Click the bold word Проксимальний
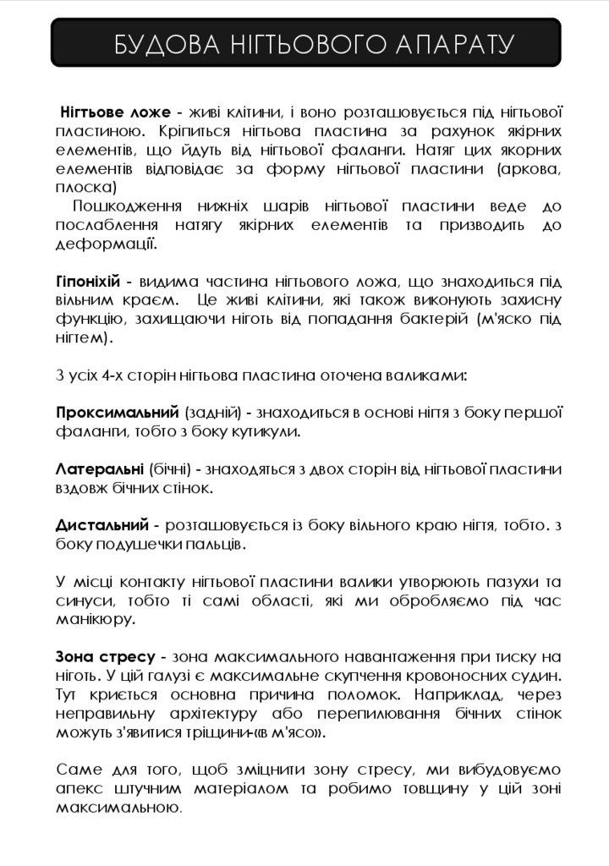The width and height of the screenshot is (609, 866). coord(117,413)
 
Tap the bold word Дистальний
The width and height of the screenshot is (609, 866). coord(102,525)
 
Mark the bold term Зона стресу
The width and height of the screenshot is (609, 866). coord(105,657)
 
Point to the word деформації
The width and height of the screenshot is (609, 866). coord(106,245)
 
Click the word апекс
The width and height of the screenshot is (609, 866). coord(81,788)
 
